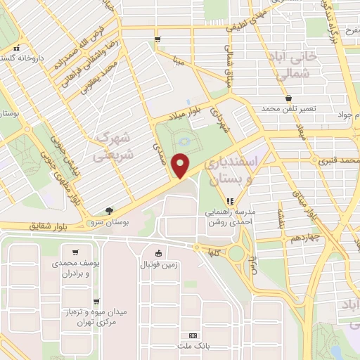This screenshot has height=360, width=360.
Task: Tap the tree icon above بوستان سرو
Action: [x=109, y=210]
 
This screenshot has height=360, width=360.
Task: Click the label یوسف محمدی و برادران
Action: [x=73, y=267]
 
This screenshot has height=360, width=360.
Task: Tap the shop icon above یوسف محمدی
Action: [x=73, y=252]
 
